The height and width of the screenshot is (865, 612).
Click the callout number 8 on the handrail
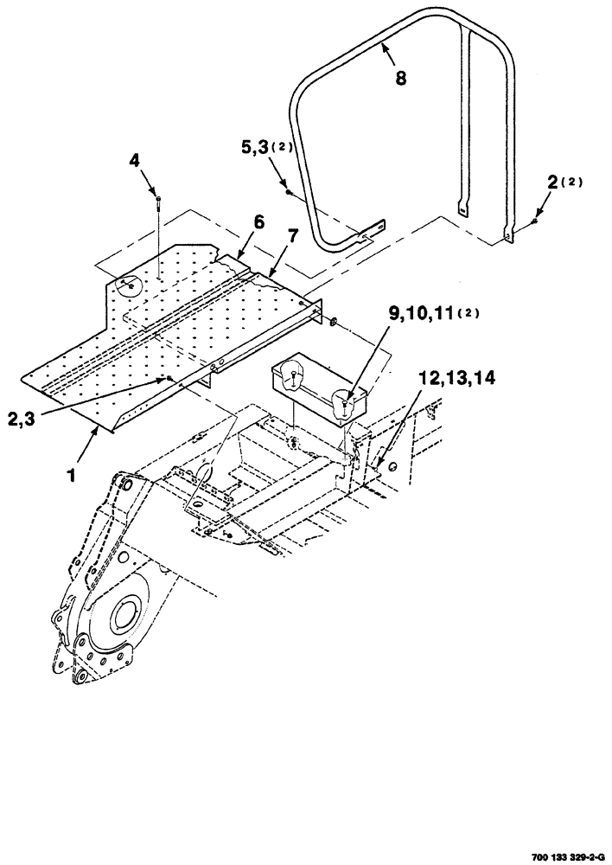(400, 78)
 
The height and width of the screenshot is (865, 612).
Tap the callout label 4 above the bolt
(135, 160)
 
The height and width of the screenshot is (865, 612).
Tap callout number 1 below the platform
(73, 451)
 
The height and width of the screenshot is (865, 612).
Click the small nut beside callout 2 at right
(533, 221)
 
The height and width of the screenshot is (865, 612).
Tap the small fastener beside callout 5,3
(287, 191)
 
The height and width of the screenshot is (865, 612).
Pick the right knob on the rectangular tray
(343, 400)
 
